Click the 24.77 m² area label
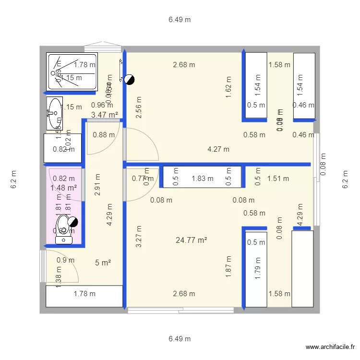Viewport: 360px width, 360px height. click(192, 240)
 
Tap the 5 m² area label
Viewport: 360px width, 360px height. click(103, 263)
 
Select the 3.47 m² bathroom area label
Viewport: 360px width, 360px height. click(105, 115)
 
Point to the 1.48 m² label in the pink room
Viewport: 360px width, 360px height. click(64, 188)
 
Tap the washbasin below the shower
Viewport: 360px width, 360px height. click(55, 113)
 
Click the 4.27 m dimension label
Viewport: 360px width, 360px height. click(218, 149)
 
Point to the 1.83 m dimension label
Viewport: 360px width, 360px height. click(202, 179)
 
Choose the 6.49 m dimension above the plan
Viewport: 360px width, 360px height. click(180, 20)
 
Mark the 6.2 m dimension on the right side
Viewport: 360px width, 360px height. click(345, 180)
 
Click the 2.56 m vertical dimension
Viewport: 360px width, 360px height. click(139, 111)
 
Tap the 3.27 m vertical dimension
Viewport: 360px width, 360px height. click(139, 237)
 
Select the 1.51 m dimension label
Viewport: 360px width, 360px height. click(278, 179)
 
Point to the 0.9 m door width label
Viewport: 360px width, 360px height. click(66, 260)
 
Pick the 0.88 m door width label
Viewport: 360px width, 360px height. click(104, 135)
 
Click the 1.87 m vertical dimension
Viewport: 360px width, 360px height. click(228, 267)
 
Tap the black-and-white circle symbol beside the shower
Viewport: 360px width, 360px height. click(128, 80)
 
